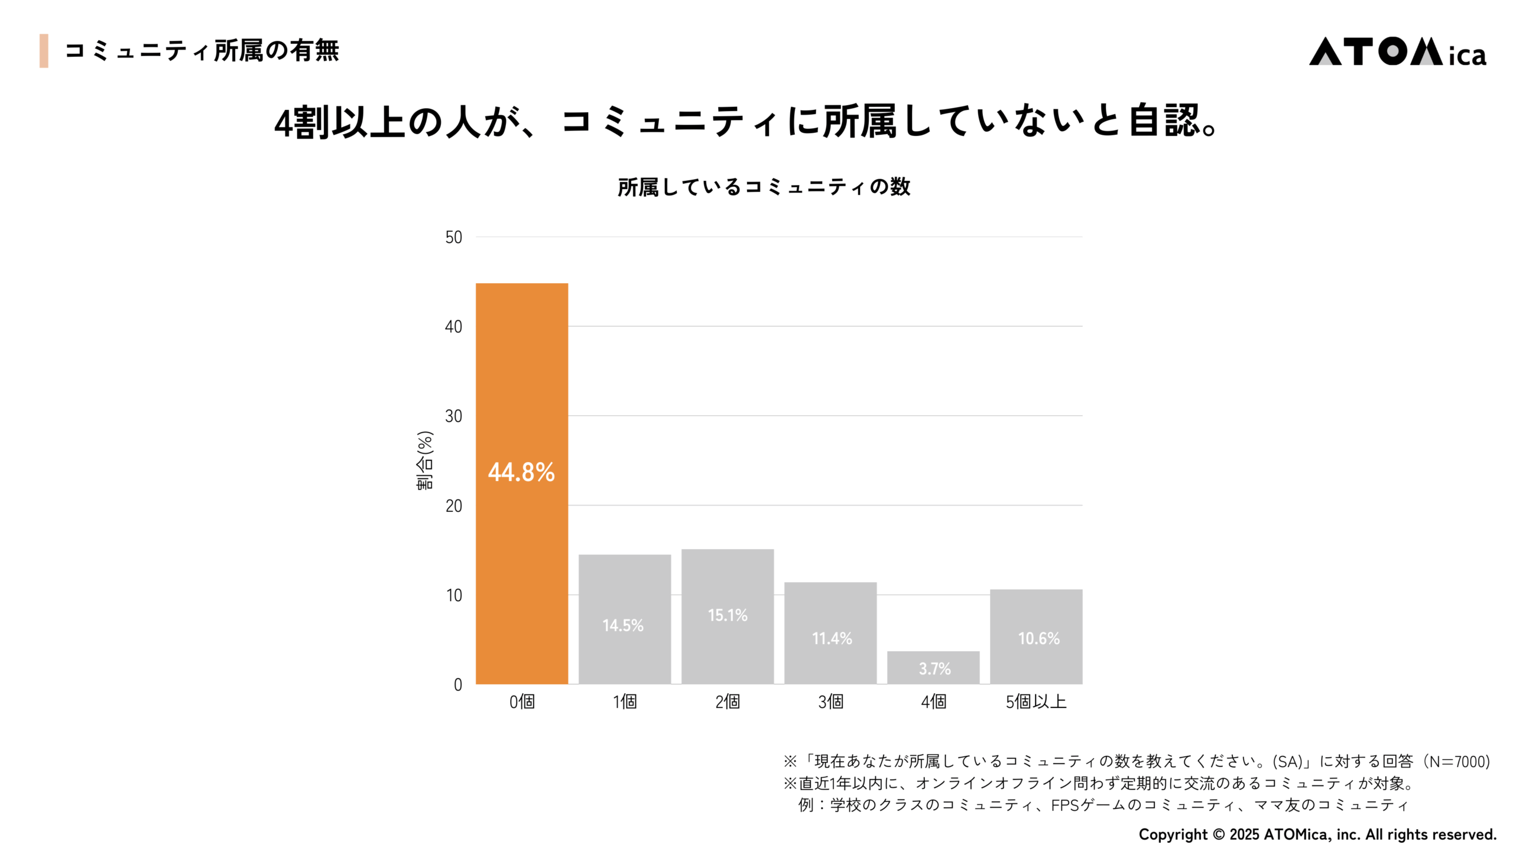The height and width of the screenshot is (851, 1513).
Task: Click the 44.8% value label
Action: point(521,472)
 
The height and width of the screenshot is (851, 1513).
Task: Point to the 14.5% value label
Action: point(623,625)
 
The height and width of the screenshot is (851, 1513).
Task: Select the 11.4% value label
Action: point(832,638)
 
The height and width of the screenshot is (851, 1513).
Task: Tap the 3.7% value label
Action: point(934,669)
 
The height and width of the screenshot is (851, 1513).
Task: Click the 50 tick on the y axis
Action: point(453,238)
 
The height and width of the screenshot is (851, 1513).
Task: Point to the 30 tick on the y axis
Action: point(453,417)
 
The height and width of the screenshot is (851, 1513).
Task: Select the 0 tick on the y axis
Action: point(457,685)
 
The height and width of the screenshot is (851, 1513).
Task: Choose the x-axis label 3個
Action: point(830,701)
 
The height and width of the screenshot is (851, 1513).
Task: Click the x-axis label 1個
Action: point(625,701)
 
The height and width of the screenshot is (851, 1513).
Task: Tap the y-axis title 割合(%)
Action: point(425,460)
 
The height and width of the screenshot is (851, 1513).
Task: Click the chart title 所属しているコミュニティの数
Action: point(764,187)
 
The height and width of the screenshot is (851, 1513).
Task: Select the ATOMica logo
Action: point(1397,52)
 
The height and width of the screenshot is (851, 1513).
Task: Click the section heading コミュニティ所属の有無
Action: point(202,51)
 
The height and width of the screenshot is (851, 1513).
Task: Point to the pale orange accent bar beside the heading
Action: point(44,51)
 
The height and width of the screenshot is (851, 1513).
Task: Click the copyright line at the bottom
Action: point(1317,834)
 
